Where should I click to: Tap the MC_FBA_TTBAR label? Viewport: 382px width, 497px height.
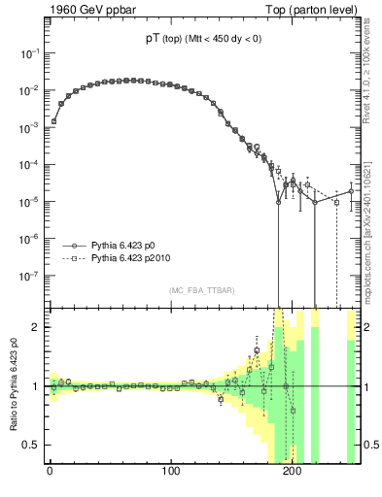point(201,291)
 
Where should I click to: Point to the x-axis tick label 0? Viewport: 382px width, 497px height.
point(50,473)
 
